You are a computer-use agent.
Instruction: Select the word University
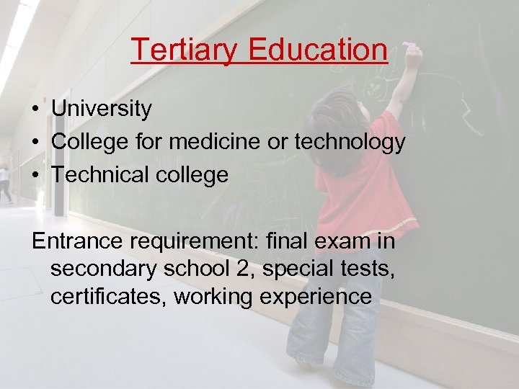pos(102,109)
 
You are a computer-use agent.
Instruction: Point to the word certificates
pos(108,297)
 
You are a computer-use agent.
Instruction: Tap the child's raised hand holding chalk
pos(413,53)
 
